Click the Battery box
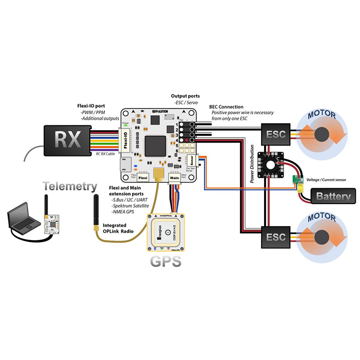[333, 196]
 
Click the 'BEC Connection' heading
[226, 107]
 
